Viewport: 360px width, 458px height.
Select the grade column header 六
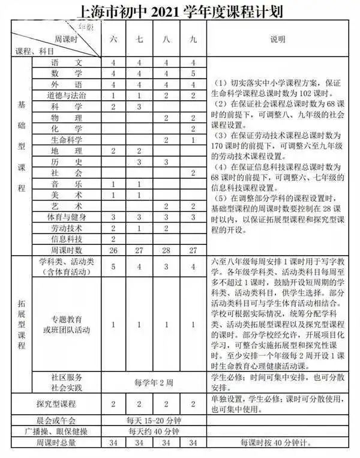click(x=113, y=40)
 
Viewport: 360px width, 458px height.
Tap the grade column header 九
click(x=193, y=40)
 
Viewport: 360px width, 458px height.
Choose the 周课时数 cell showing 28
click(x=166, y=250)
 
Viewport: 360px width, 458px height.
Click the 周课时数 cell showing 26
click(x=113, y=250)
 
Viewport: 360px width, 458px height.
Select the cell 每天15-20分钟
click(x=152, y=420)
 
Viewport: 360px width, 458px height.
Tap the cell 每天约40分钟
click(x=152, y=431)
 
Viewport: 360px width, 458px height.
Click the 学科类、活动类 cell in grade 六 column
click(x=113, y=267)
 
